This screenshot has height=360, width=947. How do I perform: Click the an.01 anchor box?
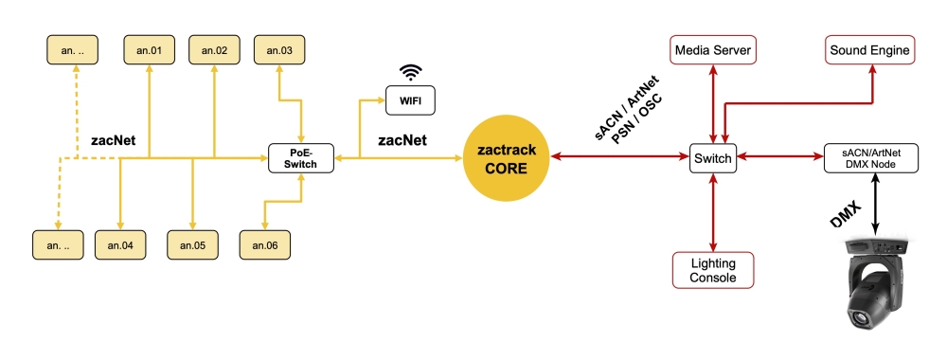point(150,49)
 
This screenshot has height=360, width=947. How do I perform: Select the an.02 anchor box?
point(214,49)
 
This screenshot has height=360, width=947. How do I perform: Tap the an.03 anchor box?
point(279,49)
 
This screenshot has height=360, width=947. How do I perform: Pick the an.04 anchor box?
point(120,244)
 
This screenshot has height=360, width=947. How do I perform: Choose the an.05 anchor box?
point(193,244)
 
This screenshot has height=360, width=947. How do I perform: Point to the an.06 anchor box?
point(264,244)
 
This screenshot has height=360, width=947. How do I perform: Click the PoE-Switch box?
point(301,158)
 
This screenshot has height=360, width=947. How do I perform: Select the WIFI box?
point(410,99)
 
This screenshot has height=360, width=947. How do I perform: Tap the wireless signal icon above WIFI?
point(410,72)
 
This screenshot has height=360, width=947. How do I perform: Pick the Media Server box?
point(712,49)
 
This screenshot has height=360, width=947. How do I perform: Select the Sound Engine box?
point(869,49)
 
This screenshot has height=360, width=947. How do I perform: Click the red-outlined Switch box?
point(712,158)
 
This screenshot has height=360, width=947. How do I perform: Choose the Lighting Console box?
point(712,270)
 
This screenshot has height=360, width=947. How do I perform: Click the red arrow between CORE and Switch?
point(620,158)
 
